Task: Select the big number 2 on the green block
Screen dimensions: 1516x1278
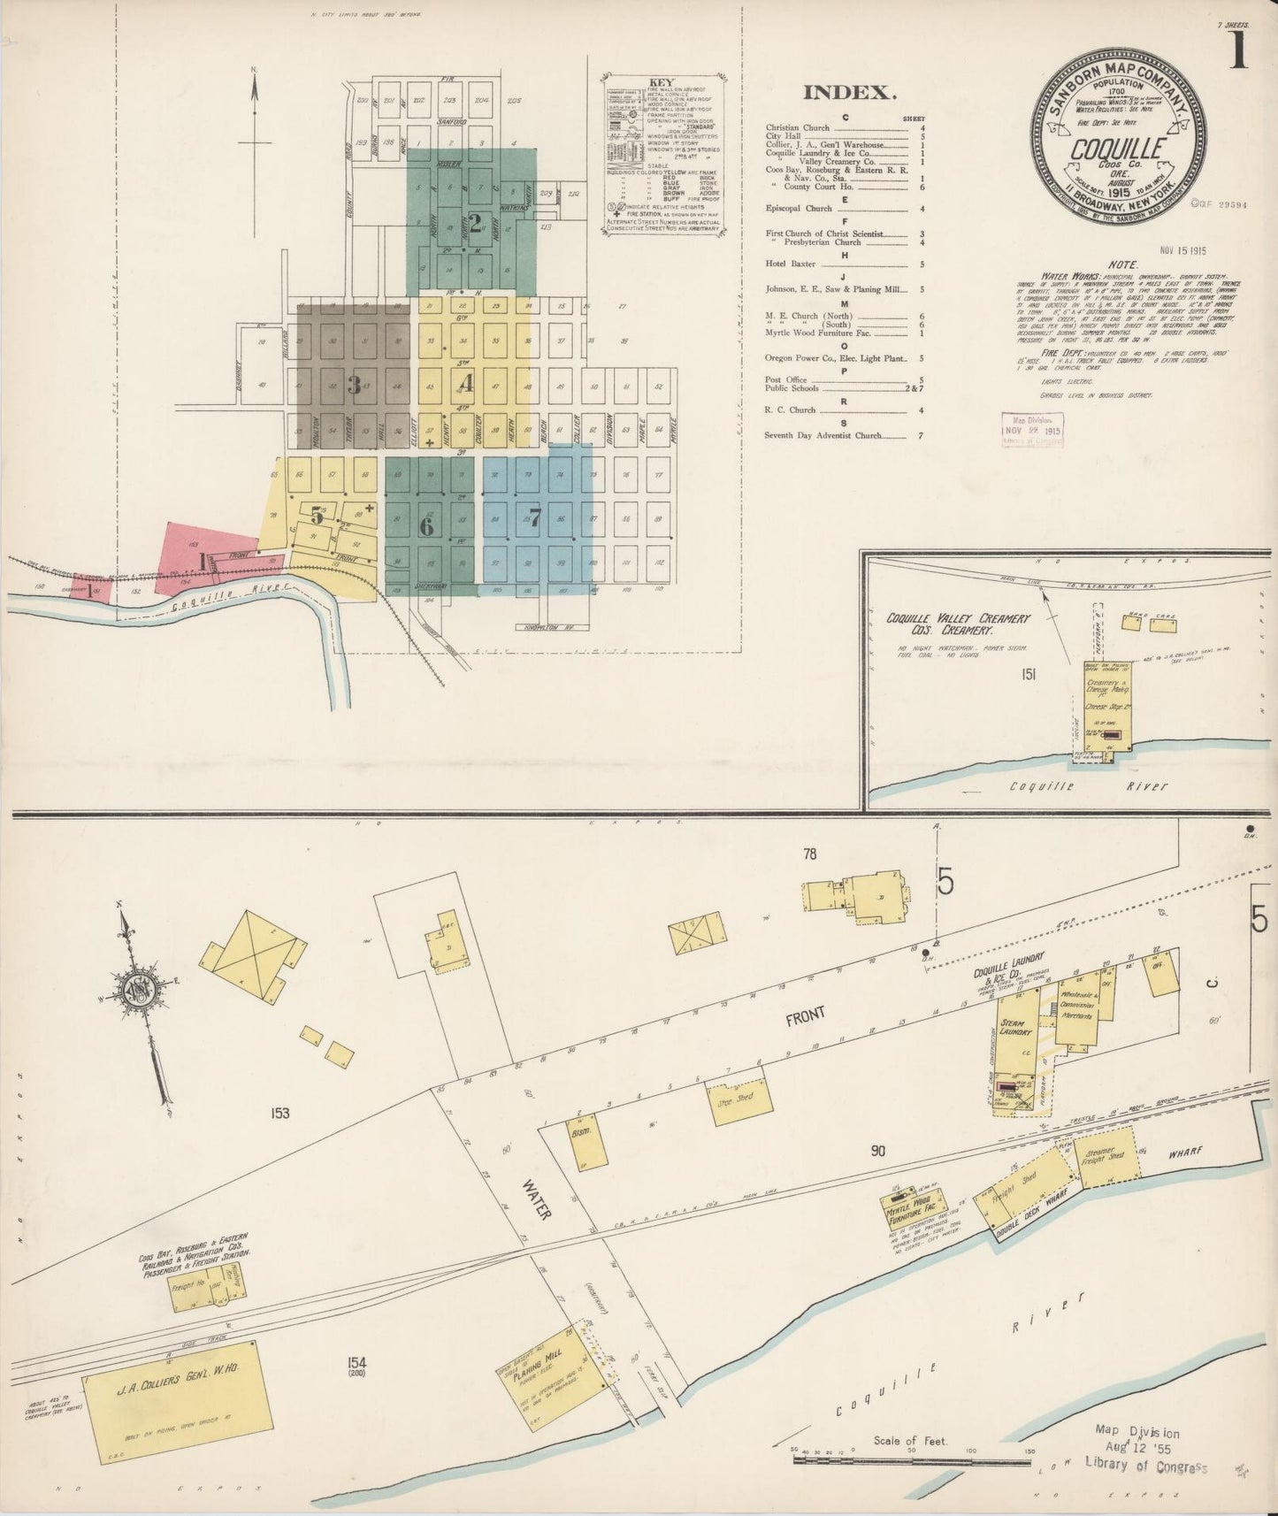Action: [x=475, y=224]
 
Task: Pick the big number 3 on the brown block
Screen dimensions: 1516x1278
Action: [x=355, y=385]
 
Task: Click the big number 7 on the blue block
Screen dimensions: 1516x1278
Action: [x=533, y=516]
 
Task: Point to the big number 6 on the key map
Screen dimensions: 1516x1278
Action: [x=427, y=526]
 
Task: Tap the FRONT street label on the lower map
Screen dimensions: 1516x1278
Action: [x=804, y=1016]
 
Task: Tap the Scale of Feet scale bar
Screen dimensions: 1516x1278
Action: [x=911, y=1460]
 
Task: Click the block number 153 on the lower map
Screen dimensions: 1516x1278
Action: [x=281, y=1114]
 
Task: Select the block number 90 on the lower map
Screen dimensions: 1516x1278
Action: [x=877, y=1151]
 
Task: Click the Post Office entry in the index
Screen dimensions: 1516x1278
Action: [x=785, y=379]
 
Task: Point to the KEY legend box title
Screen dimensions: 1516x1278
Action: [x=661, y=83]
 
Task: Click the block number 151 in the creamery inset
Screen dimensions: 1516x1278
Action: [x=1028, y=675]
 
